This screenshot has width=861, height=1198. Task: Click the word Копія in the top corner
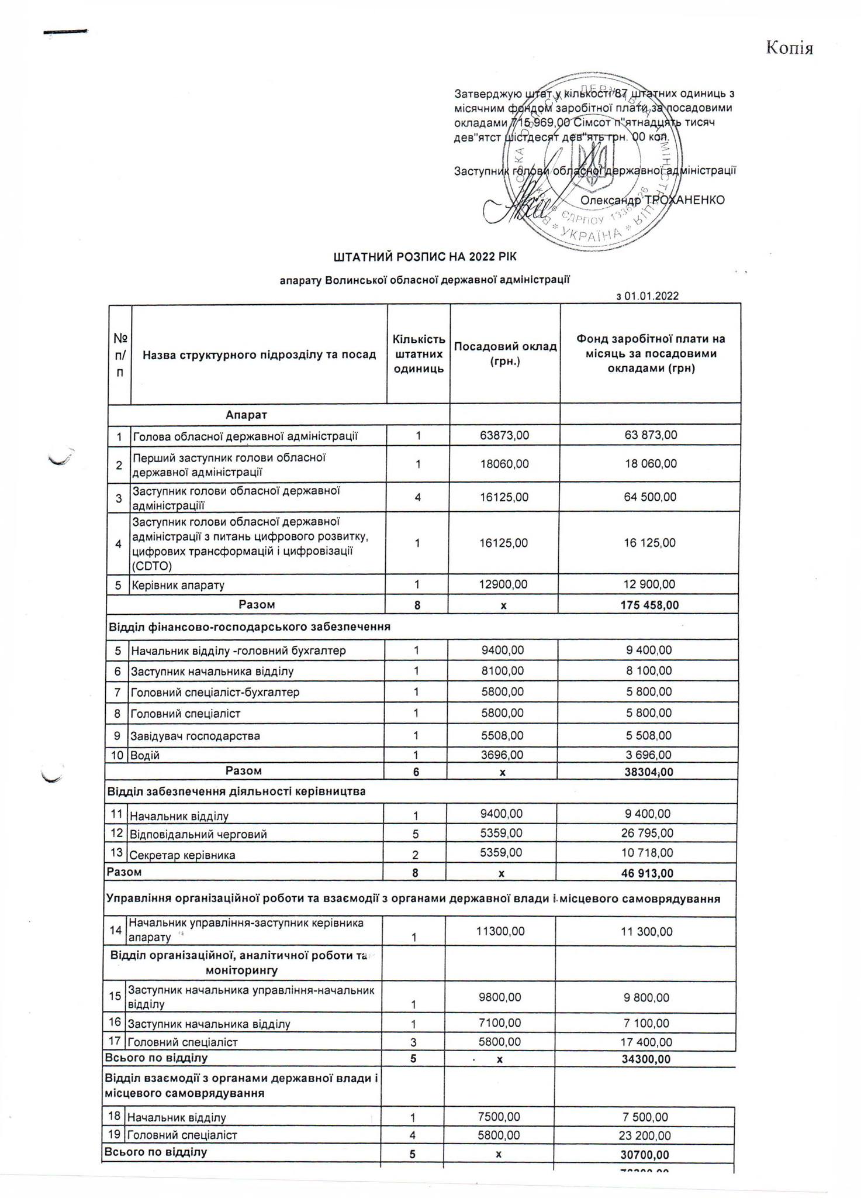click(x=789, y=48)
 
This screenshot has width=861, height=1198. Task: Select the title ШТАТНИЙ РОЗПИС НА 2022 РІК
click(x=425, y=257)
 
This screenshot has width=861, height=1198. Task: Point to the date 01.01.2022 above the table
click(x=651, y=296)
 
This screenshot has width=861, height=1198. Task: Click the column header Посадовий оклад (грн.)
click(x=505, y=353)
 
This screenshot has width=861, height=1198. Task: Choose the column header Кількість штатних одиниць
click(x=419, y=353)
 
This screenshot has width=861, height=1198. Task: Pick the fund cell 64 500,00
click(x=649, y=497)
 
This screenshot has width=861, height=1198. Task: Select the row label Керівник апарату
click(x=178, y=585)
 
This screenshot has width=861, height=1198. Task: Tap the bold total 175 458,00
click(x=649, y=605)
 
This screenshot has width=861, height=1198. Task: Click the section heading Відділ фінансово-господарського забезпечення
click(x=249, y=627)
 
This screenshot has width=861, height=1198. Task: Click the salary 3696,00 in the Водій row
click(x=502, y=755)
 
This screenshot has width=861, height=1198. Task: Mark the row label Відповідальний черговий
click(x=198, y=834)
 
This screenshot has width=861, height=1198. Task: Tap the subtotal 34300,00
click(x=646, y=1059)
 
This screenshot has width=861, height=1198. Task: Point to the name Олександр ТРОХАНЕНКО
click(x=652, y=200)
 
